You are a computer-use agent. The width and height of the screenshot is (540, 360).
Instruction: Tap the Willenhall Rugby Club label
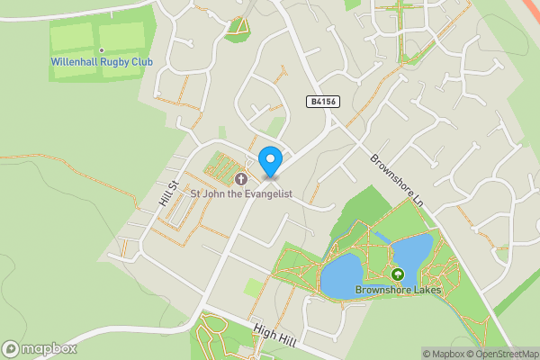(x=102, y=62)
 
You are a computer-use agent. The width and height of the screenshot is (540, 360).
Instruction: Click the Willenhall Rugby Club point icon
(x=102, y=49)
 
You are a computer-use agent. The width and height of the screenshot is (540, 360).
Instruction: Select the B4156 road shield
(x=323, y=103)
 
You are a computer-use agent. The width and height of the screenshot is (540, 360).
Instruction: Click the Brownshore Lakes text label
(x=397, y=290)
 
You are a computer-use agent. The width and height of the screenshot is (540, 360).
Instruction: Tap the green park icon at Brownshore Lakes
(x=397, y=274)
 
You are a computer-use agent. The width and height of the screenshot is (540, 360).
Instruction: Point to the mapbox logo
(x=40, y=348)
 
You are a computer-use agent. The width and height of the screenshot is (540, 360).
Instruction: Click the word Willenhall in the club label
(x=76, y=62)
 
